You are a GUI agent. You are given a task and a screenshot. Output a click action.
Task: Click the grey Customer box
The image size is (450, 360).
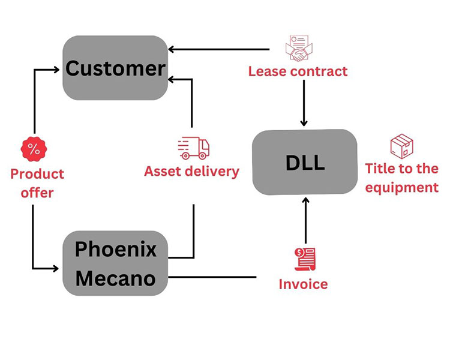coord(115,68)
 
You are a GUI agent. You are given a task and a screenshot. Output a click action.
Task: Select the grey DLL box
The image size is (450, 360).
coord(304,162)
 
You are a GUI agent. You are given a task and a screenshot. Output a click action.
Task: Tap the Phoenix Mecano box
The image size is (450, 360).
coord(115,263)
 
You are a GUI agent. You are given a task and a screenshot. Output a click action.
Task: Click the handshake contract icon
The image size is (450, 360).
coord(298,49)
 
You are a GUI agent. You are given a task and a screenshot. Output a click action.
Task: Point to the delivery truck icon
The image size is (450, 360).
coord(193,148)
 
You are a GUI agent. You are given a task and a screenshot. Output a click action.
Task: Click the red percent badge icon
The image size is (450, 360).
coord(34,149)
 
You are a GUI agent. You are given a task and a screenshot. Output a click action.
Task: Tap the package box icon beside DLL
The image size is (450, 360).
coord(401,146)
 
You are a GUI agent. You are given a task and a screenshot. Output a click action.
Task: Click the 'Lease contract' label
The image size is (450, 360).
coord(298,71)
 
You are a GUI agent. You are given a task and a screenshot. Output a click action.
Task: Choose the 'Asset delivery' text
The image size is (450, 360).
coord(191,171)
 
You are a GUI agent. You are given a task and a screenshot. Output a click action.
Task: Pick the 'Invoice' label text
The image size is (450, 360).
coord(303,284)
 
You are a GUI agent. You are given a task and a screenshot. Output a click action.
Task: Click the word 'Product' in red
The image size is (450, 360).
coord(37,174)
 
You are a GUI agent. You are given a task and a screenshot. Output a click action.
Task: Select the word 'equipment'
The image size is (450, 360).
coord(402,187)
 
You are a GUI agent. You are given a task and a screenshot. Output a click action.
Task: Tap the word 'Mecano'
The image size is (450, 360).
coord(115,278)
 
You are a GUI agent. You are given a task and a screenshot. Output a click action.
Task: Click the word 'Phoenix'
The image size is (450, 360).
coord(115,249)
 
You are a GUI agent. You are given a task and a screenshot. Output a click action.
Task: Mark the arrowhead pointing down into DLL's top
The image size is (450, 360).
coord(304,122)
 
